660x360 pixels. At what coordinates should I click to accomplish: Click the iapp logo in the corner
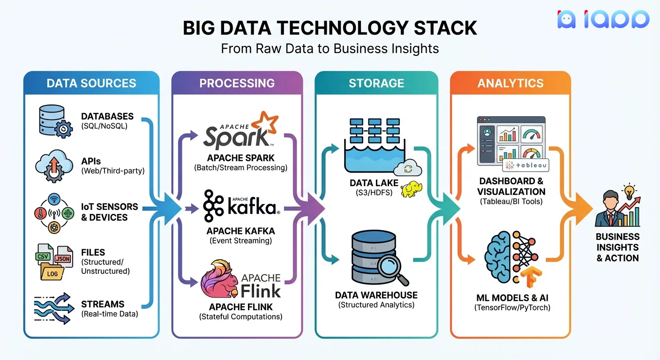[x=603, y=19]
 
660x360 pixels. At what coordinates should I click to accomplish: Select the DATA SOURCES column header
[x=91, y=83]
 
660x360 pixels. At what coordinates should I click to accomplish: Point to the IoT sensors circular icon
[x=54, y=212]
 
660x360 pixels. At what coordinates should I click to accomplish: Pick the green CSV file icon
[x=43, y=257]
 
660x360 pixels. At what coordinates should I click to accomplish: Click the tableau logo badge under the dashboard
[x=525, y=165]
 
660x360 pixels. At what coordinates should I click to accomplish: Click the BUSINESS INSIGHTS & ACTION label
[x=617, y=247]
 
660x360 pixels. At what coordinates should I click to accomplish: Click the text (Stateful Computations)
[x=240, y=317]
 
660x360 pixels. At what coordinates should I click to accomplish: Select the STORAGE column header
[x=376, y=83]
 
